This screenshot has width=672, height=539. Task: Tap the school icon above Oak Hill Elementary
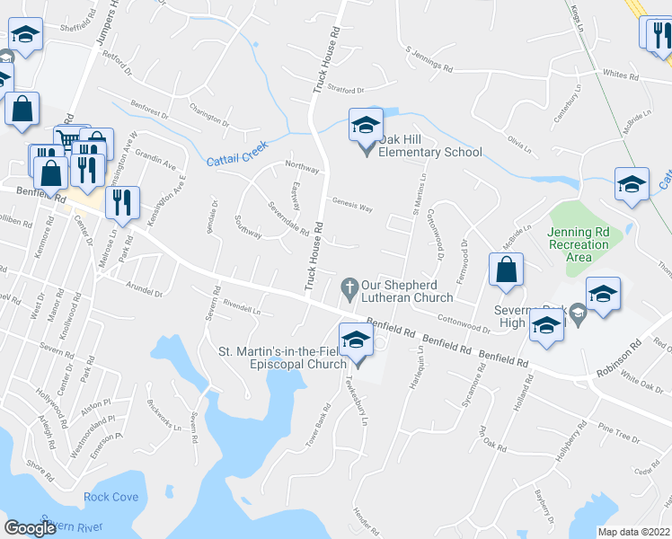pos(366,125)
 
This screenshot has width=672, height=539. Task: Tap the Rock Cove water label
pos(111,498)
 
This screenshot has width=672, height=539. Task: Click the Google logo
pos(30,528)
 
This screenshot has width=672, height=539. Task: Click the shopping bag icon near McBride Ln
pos(507,269)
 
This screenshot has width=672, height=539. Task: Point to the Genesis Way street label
pos(352,206)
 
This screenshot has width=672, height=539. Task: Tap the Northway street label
pos(301,167)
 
